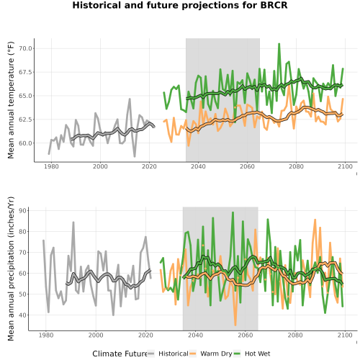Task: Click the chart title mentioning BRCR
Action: pos(180,5)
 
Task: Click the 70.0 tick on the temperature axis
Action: pos(25,48)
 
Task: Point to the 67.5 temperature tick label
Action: pos(25,72)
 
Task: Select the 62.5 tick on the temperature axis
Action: pos(25,120)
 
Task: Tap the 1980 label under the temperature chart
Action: pos(51,166)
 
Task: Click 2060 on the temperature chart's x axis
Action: pos(247,166)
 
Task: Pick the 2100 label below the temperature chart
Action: pos(345,166)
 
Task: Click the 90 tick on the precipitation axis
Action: pos(25,211)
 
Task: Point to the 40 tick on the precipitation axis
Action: pos(25,315)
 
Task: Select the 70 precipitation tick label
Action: pos(25,253)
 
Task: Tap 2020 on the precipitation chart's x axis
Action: pos(145,335)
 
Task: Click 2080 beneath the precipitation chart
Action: pos(295,335)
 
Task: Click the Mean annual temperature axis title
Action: pos(11,100)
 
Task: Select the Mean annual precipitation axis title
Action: pos(11,269)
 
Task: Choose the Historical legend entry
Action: pos(168,354)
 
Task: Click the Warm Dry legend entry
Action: pos(211,354)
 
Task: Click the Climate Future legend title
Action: pos(120,354)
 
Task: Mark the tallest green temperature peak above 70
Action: pos(279,44)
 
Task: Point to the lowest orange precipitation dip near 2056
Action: pos(235,325)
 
